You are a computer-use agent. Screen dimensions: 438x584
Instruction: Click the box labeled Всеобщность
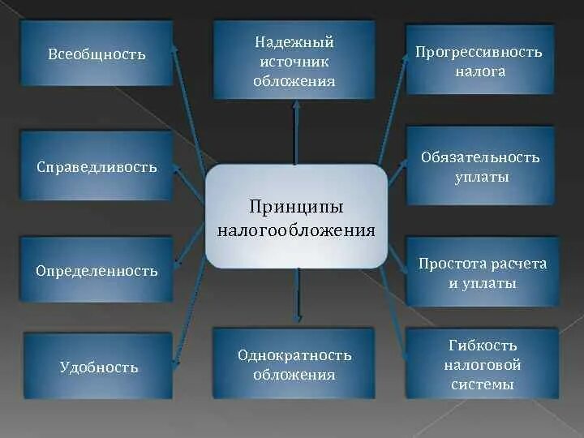96,54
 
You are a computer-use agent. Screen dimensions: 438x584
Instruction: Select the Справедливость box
96,167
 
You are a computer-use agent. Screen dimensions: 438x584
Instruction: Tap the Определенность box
96,271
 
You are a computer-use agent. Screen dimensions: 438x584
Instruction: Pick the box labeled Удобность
98,367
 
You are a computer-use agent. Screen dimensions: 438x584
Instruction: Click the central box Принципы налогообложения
296,216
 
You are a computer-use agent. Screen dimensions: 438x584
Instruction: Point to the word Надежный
294,42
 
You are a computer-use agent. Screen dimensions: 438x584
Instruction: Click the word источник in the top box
294,62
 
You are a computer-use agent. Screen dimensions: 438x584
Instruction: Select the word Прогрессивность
479,52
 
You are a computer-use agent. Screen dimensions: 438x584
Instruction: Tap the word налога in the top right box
479,71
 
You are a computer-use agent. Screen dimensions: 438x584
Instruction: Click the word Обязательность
480,157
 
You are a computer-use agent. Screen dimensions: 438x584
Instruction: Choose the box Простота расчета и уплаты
482,273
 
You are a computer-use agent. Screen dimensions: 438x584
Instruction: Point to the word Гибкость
482,346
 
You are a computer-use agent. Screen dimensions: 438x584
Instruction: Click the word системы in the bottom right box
482,384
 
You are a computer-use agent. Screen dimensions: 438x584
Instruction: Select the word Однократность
294,355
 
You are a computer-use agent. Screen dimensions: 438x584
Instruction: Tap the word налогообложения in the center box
296,230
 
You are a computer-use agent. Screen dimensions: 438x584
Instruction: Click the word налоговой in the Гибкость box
482,365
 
